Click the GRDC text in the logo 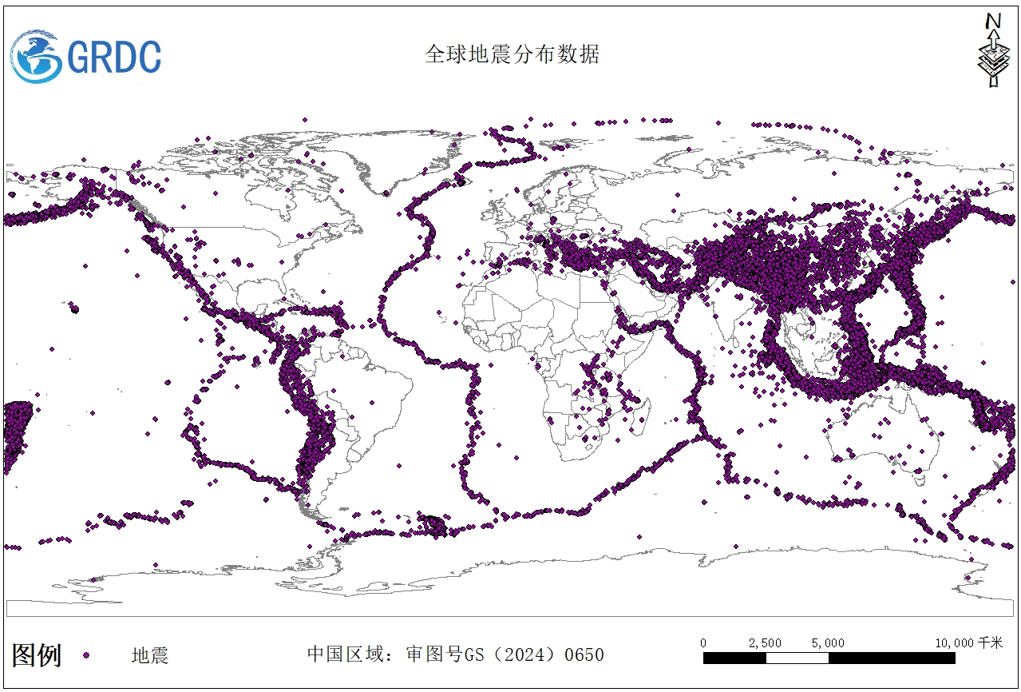(114, 57)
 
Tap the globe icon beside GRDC (37, 56)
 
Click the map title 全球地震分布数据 (512, 54)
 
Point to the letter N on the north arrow (993, 21)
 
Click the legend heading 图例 (37, 655)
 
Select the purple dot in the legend (85, 656)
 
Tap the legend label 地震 (150, 656)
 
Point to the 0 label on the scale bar (703, 642)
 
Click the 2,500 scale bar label (765, 642)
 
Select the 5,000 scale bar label (828, 642)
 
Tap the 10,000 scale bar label (956, 642)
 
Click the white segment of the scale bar (797, 658)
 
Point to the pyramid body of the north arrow (993, 60)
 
